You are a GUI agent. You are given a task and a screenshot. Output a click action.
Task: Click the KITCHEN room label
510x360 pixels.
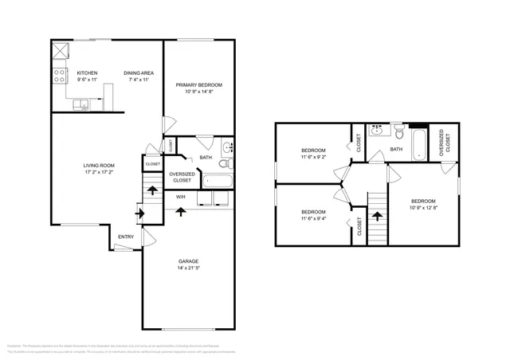[x=86, y=73]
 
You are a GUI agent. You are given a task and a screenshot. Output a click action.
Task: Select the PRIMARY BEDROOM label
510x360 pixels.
[x=199, y=84]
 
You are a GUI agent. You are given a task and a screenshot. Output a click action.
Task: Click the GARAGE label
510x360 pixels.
[x=188, y=261]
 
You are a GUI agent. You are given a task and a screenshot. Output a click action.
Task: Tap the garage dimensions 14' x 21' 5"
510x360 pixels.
[x=188, y=268]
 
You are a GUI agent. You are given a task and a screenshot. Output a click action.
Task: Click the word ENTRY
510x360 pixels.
[x=126, y=237]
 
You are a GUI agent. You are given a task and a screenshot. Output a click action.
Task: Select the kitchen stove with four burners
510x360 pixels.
[x=59, y=76]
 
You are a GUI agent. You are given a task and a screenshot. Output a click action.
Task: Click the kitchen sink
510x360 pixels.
[x=80, y=103]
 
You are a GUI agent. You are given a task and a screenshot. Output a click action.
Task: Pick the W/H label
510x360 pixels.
[x=181, y=196]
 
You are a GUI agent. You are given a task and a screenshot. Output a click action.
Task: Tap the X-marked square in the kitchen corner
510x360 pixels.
[x=61, y=52]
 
